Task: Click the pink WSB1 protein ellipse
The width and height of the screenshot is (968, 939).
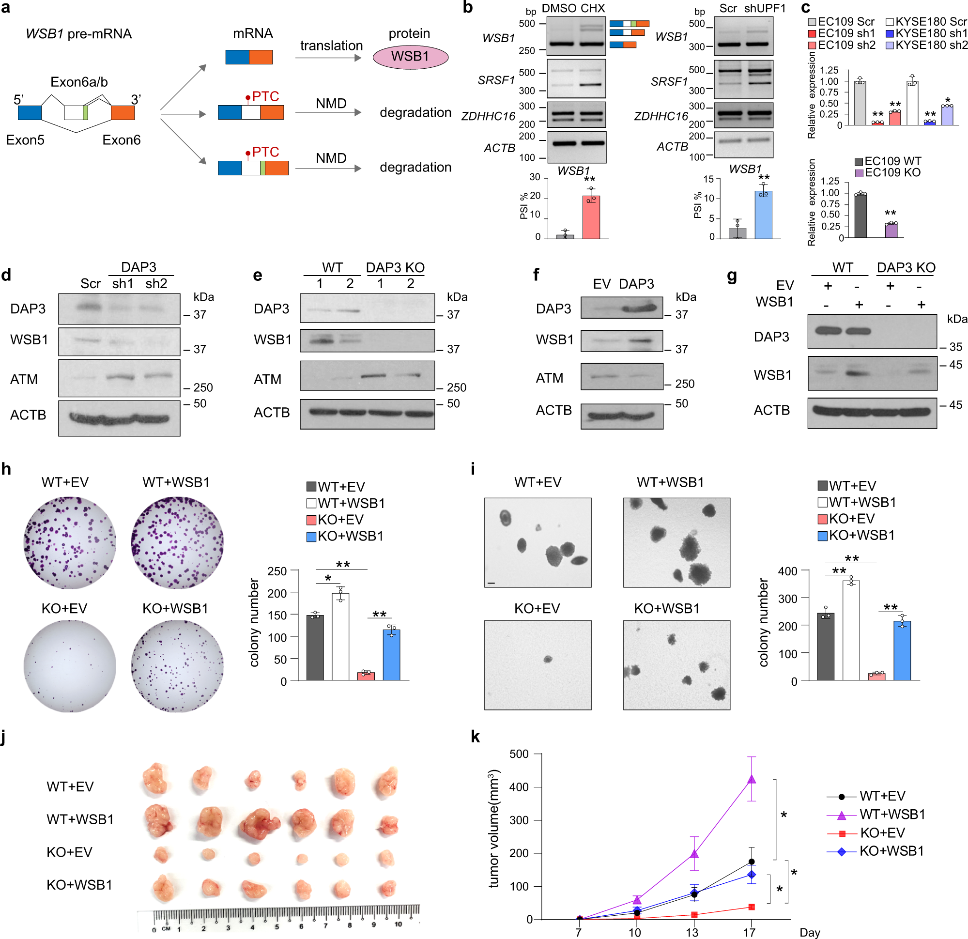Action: (x=410, y=56)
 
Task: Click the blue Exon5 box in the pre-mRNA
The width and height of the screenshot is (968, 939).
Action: (x=29, y=113)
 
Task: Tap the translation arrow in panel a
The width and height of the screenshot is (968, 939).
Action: (x=328, y=58)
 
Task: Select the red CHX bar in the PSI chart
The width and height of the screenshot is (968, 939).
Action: (x=591, y=217)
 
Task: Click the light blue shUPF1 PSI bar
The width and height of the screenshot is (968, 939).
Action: (x=763, y=215)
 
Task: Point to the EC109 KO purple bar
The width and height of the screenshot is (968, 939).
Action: (x=891, y=230)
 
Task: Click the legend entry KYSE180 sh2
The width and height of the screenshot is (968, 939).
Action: (x=926, y=45)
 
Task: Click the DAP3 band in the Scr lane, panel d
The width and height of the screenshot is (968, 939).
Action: (x=90, y=307)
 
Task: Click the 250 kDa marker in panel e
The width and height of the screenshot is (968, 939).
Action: (x=456, y=388)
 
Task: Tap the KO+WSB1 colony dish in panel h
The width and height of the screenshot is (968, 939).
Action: (x=177, y=666)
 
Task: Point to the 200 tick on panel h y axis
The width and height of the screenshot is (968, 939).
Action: (x=277, y=593)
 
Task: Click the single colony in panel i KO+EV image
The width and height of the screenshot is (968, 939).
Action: (x=548, y=659)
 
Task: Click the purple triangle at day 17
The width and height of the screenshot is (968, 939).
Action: (x=751, y=779)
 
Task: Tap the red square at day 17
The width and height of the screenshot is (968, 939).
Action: (x=751, y=907)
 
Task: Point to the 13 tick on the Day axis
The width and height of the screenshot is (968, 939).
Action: (x=693, y=932)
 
